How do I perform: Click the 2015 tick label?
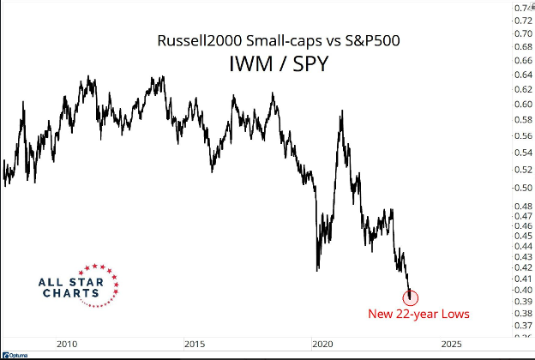pyautogui.click(x=195, y=344)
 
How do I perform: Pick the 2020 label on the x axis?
pyautogui.click(x=322, y=344)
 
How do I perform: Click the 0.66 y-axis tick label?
pyautogui.click(x=522, y=61)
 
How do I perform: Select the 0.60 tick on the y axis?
pyautogui.click(x=522, y=105)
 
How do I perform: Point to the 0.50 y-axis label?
pyautogui.click(x=522, y=187)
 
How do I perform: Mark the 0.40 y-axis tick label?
pyautogui.click(x=522, y=290)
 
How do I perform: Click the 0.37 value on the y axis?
pyautogui.click(x=522, y=326)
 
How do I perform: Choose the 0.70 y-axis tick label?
pyautogui.click(x=522, y=33)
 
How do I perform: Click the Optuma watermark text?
pyautogui.click(x=16, y=354)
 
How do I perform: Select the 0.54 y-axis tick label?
pyautogui.click(x=522, y=152)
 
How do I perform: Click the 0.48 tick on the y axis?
pyautogui.click(x=522, y=206)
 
